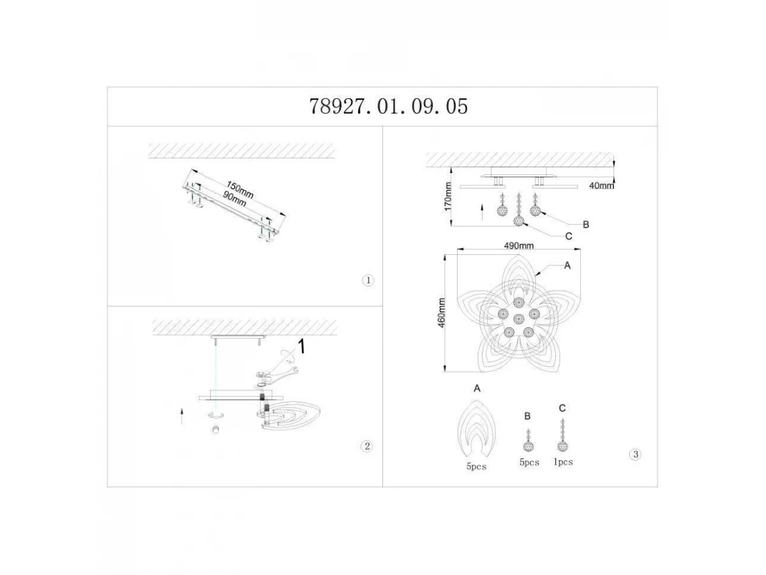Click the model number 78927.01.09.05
388,107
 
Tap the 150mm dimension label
240,190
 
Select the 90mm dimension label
234,199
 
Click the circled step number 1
368,280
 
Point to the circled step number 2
367,446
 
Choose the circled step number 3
636,454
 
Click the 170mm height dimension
447,197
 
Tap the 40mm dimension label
601,186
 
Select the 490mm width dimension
518,246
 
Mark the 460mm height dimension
442,313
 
